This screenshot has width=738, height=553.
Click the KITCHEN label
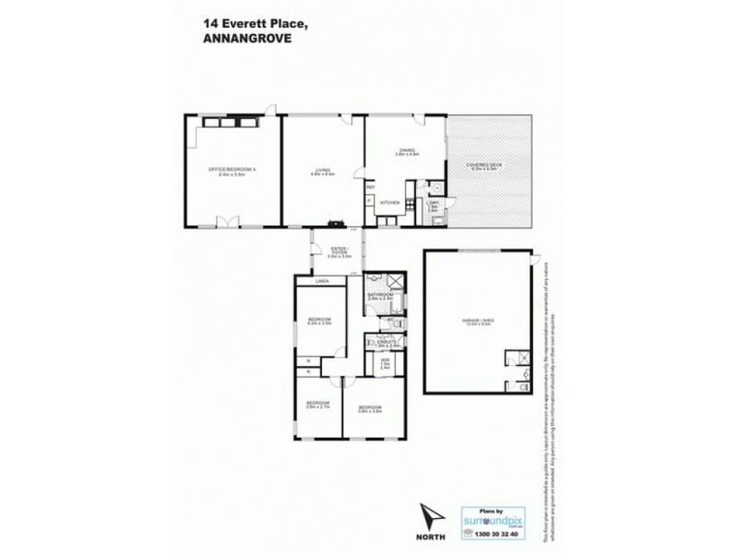point(388,201)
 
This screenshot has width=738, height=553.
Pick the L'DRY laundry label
point(432,205)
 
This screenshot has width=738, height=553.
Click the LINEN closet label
point(321,281)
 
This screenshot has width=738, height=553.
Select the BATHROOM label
point(380,296)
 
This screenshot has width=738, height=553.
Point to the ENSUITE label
point(387,343)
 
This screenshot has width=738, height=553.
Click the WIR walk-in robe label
point(385,362)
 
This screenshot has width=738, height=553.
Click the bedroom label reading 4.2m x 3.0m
point(318,322)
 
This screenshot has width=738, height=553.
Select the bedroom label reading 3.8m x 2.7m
point(318,406)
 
